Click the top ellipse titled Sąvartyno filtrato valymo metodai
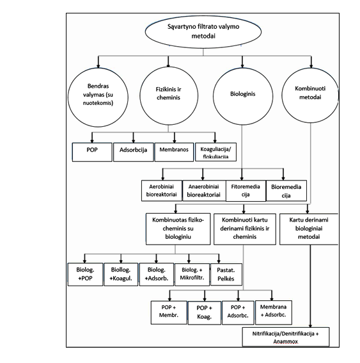click(x=203, y=32)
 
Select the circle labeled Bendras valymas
click(x=98, y=97)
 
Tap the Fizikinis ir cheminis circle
click(x=169, y=96)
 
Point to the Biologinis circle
click(x=243, y=96)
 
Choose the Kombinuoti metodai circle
click(x=310, y=95)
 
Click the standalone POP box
click(x=92, y=152)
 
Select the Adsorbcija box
click(x=134, y=152)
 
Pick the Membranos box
click(x=174, y=152)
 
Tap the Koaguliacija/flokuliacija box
click(x=215, y=152)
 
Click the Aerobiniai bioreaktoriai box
click(x=162, y=191)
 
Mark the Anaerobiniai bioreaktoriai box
click(x=204, y=191)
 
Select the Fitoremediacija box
click(x=246, y=191)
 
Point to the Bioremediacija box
click(x=286, y=191)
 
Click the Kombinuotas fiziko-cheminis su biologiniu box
click(x=178, y=229)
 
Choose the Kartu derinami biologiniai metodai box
click(x=309, y=229)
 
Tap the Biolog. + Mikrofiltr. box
click(x=192, y=275)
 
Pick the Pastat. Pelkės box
click(x=226, y=275)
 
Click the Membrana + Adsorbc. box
click(x=274, y=312)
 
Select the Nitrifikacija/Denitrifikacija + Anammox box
click(x=286, y=337)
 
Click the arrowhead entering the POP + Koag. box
click(x=205, y=299)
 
